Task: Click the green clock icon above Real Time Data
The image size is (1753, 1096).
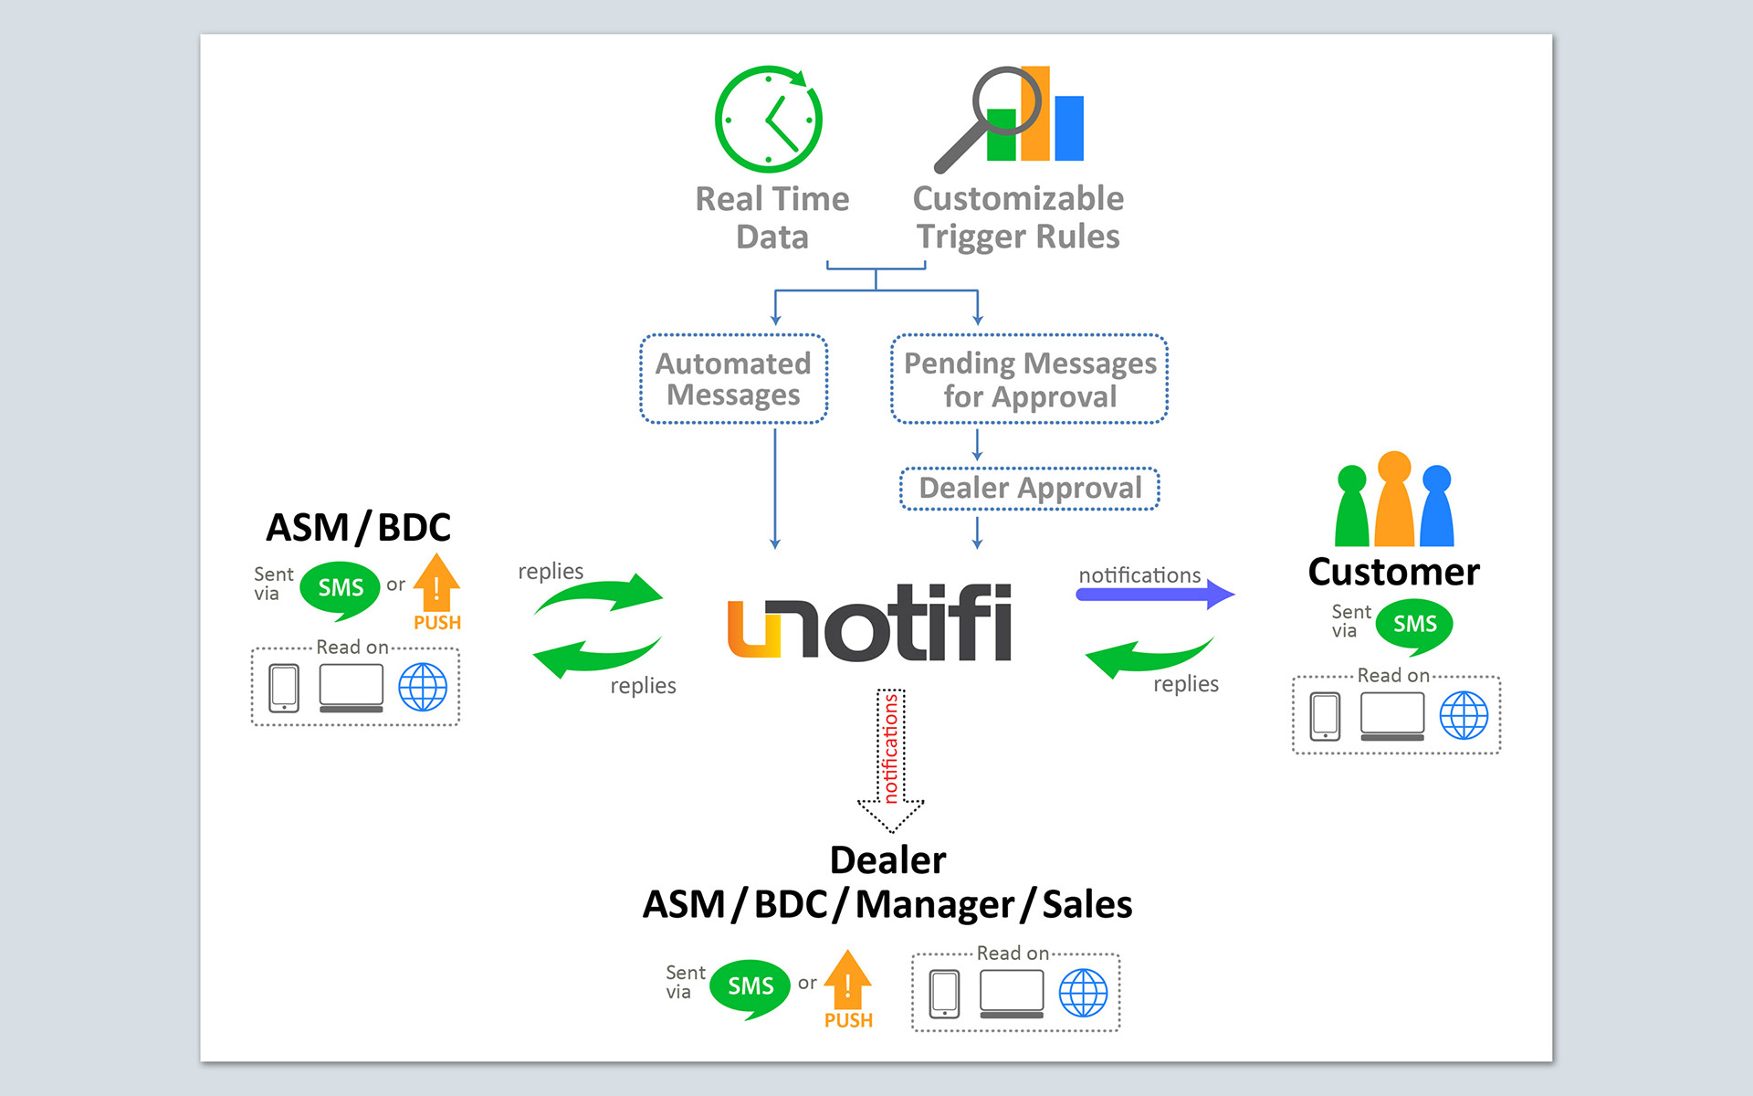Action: pos(769,120)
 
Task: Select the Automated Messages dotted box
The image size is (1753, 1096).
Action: pos(733,379)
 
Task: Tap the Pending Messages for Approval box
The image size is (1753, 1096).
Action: pos(1029,379)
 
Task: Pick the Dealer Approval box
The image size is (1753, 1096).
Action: pos(1029,489)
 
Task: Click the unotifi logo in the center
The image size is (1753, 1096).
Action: pos(869,623)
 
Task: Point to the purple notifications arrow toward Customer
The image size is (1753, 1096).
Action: pos(1155,595)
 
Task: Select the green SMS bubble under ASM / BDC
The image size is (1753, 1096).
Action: pos(340,589)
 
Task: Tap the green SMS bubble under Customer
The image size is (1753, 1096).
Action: pos(1414,626)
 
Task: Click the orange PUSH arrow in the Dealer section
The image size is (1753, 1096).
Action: pos(847,984)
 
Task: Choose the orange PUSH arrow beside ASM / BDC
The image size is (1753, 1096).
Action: pos(436,586)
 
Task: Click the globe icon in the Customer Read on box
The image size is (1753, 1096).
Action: pos(1464,715)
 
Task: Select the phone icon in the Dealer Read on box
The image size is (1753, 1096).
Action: pos(944,993)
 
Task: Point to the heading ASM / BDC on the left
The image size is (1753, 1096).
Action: pos(358,528)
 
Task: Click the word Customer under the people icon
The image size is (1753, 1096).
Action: pos(1393,573)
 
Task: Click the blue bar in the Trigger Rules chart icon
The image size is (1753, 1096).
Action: pos(1069,128)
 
